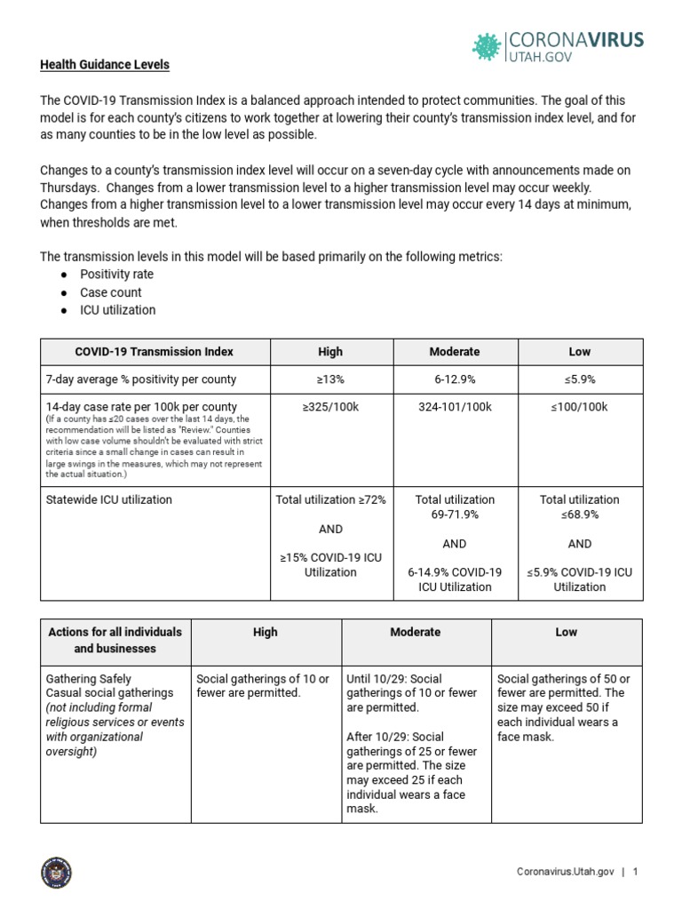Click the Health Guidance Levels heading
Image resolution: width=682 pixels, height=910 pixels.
[x=104, y=65]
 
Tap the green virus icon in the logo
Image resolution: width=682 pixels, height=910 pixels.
[x=486, y=45]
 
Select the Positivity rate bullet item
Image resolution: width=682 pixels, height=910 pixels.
[x=116, y=275]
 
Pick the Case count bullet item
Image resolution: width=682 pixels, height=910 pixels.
[x=110, y=292]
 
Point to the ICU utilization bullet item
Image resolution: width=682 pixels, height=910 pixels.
[x=117, y=310]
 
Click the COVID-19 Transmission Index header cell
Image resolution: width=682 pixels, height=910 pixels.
[x=154, y=352]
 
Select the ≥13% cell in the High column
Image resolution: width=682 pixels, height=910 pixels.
[x=330, y=379]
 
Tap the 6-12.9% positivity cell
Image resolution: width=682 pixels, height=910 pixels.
[x=454, y=379]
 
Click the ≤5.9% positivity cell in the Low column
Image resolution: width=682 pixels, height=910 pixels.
[x=579, y=379]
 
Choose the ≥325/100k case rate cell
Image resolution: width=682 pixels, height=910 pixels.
[x=330, y=407]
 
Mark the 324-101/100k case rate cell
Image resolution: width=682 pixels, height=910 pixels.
[x=454, y=407]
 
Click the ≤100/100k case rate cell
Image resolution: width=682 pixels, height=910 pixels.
[x=579, y=407]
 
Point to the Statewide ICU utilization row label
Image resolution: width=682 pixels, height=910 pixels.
[x=108, y=499]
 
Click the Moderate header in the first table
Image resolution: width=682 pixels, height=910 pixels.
[x=454, y=352]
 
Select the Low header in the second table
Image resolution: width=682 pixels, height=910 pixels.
[x=566, y=632]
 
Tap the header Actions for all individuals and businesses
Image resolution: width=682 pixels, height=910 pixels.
[x=115, y=640]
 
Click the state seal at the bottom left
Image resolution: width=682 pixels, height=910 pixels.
[x=57, y=873]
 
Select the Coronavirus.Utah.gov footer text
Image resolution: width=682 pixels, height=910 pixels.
[x=566, y=873]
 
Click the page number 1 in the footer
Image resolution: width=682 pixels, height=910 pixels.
[x=636, y=873]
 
